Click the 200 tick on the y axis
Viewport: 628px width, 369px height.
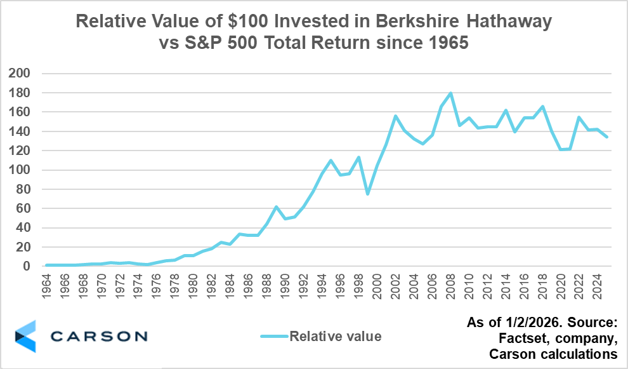click(22, 74)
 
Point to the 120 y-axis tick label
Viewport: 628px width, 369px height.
click(22, 151)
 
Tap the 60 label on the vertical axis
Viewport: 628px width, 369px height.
click(25, 208)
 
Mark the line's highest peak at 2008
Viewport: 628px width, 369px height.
click(450, 93)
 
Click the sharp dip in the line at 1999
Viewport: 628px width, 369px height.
click(368, 194)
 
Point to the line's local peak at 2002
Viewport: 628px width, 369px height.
click(395, 116)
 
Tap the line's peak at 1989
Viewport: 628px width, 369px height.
click(277, 207)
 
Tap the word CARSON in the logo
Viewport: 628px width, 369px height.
click(98, 336)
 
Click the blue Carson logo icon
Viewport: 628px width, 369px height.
click(25, 336)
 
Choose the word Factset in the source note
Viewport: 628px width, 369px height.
click(523, 337)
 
